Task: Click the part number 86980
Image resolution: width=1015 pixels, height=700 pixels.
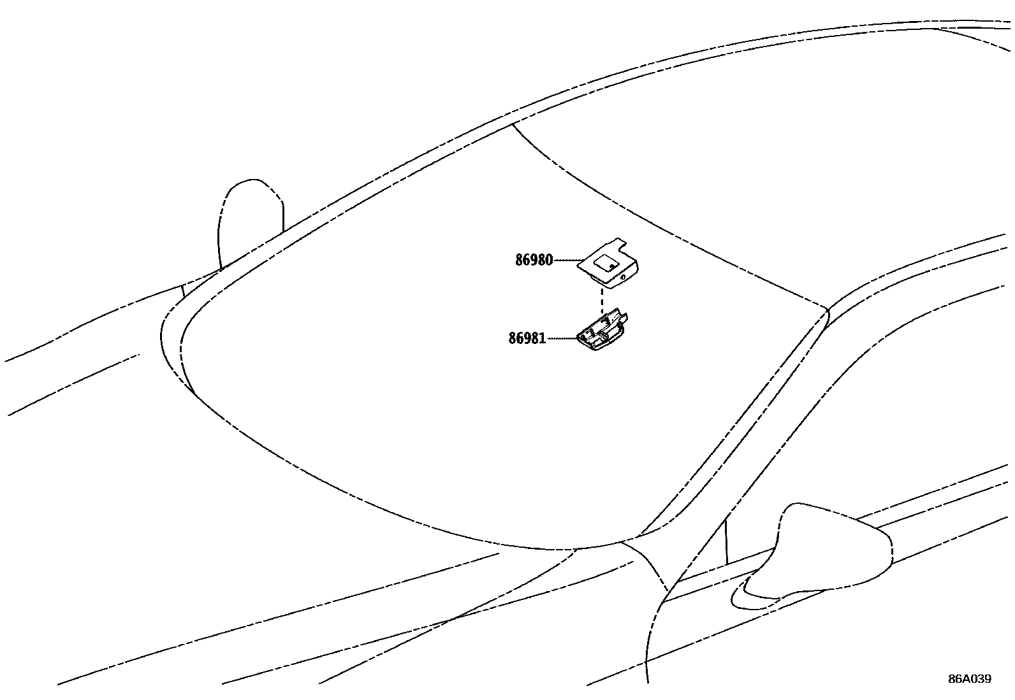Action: click(534, 260)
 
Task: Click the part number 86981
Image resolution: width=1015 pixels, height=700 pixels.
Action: click(527, 338)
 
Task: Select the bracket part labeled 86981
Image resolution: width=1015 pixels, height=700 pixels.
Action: click(602, 331)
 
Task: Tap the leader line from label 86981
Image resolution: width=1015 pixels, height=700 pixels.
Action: click(561, 338)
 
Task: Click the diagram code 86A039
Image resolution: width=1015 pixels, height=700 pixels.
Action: click(969, 679)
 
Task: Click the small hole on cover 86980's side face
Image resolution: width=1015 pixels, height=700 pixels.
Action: click(622, 278)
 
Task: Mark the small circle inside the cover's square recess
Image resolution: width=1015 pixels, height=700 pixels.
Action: click(611, 266)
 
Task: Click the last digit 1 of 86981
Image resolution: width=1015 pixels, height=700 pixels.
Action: click(543, 338)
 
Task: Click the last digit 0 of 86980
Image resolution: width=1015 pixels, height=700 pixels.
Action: click(549, 260)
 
